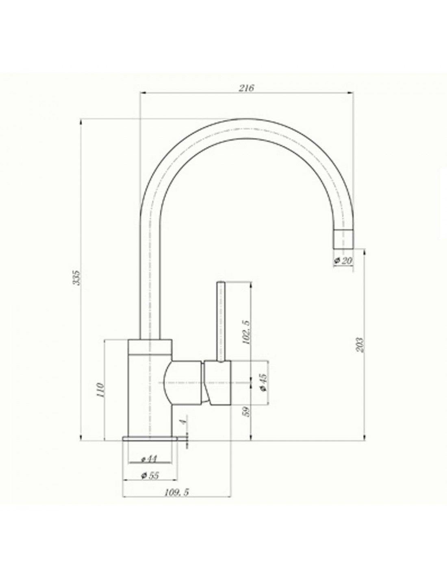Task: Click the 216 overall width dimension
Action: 246,88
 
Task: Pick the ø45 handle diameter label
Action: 262,383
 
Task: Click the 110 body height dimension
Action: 101,390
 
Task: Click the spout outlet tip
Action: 343,239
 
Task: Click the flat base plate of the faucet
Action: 150,439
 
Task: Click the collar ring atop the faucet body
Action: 150,346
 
